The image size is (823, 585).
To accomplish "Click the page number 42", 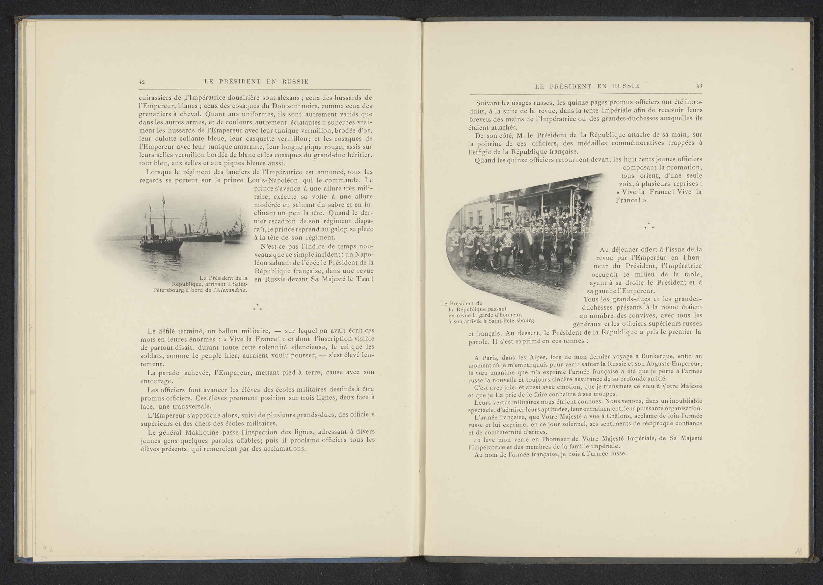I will (142, 81).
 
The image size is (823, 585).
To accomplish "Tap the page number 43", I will (699, 86).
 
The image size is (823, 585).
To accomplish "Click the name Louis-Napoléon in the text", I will (275, 180).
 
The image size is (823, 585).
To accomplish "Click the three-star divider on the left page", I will (257, 308).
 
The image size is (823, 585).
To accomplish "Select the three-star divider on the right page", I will (649, 226).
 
